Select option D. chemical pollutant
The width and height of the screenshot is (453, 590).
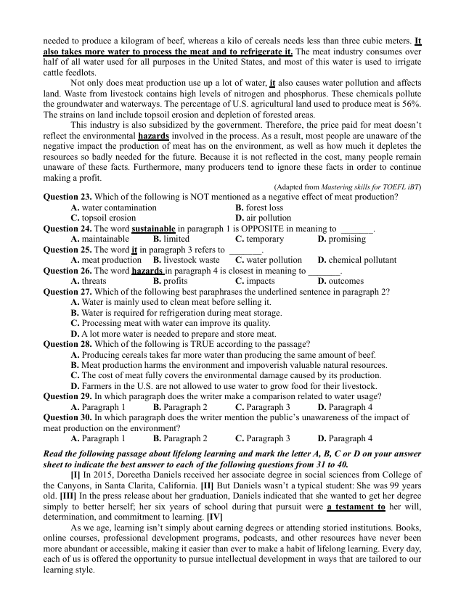click(357, 259)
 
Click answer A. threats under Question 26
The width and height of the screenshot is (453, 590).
click(89, 280)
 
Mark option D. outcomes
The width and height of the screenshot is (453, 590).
click(340, 280)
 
